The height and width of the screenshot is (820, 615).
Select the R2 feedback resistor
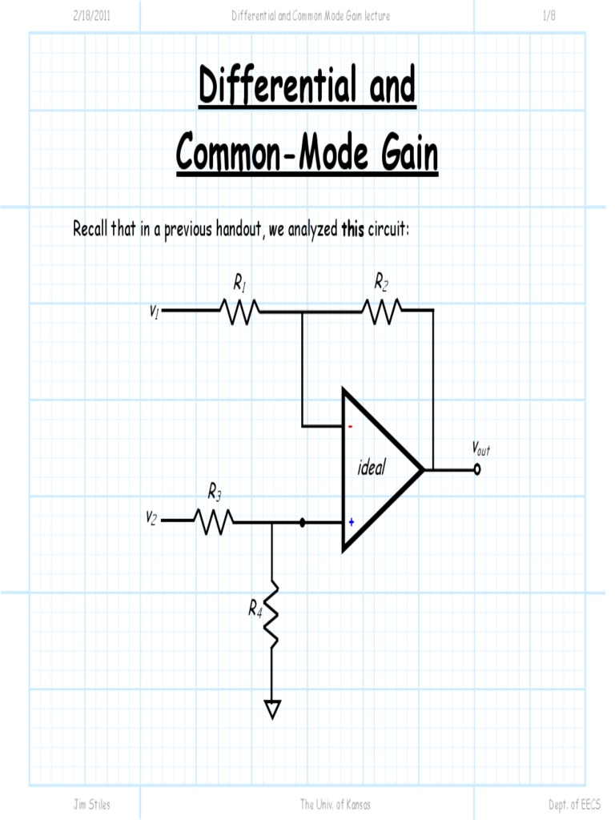(x=382, y=311)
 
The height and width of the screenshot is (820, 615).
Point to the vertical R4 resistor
(x=272, y=613)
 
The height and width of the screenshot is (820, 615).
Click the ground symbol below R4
(x=272, y=709)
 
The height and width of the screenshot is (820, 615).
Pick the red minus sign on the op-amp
(x=350, y=426)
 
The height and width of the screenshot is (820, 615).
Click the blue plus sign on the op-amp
(x=351, y=522)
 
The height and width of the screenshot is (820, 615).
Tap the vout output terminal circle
(x=477, y=470)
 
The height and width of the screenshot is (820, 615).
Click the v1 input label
(x=155, y=312)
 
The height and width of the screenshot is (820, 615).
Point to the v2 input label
(x=151, y=517)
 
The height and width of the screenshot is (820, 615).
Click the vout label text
(x=480, y=448)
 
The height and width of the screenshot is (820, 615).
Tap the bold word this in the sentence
(x=352, y=231)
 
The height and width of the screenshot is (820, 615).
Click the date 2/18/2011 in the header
(x=92, y=16)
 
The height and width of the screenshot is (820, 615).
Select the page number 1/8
(x=549, y=16)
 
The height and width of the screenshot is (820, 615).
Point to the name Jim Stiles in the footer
(x=92, y=804)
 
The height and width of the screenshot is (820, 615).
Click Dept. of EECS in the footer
(x=574, y=804)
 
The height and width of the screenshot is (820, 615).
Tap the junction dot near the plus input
(x=302, y=523)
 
